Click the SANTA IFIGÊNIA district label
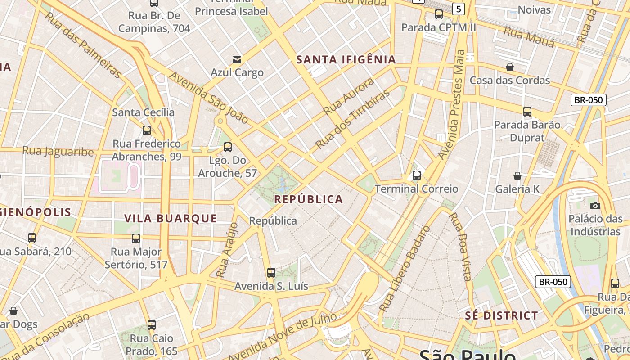346,60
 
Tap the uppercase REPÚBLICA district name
309,199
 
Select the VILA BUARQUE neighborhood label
171,219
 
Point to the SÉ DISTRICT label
501,315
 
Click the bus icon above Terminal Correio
417,175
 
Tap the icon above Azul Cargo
237,60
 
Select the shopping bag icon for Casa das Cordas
510,67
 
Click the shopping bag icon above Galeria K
517,176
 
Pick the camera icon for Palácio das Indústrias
595,206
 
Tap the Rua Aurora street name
349,96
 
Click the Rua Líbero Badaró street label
405,269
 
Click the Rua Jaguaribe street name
58,151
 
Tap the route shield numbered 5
458,9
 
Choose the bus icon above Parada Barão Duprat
527,111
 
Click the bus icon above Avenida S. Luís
271,273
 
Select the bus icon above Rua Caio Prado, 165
152,325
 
